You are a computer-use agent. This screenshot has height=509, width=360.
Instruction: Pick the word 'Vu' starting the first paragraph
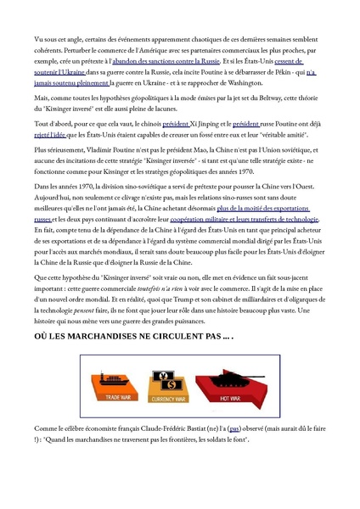coord(39,39)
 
